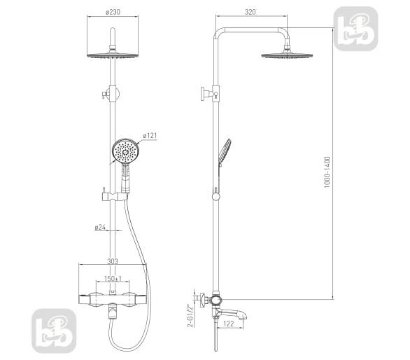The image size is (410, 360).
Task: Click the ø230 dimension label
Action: click(113, 12)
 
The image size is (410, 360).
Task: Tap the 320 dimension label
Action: click(250, 12)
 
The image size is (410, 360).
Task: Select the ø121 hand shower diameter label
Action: click(150, 136)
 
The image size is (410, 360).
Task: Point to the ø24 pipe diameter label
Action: click(100, 227)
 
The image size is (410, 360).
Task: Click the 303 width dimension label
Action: click(113, 261)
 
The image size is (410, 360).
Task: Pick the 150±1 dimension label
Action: click(113, 278)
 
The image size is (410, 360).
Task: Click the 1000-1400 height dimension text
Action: click(327, 172)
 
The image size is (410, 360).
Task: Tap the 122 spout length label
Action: click(229, 324)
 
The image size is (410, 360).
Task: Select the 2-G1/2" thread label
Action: click(191, 315)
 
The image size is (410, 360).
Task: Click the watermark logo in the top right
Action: click(356, 29)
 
